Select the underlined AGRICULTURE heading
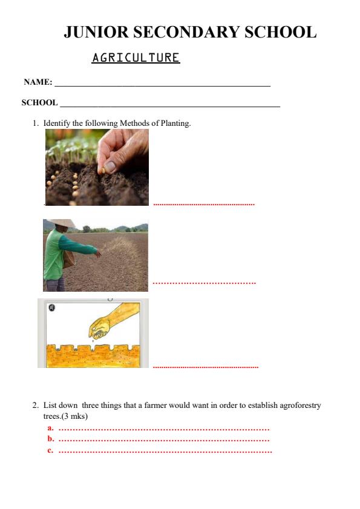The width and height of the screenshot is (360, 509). click(x=136, y=58)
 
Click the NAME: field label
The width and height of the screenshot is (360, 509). click(x=38, y=82)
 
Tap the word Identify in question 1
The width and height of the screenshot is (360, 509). click(x=57, y=123)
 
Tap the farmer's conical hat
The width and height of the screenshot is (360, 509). click(x=61, y=223)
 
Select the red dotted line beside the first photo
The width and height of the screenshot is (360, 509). click(x=204, y=205)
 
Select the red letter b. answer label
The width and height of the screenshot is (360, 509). click(x=51, y=439)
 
